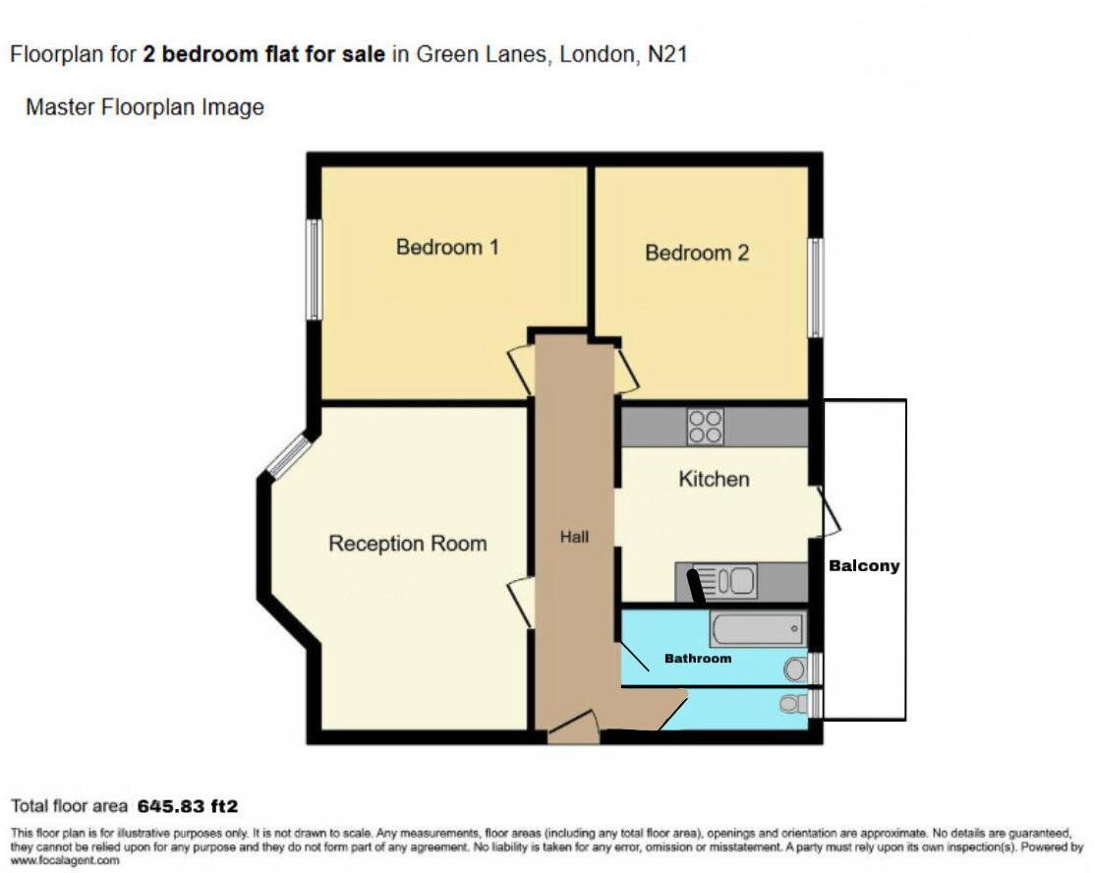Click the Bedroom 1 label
click(447, 247)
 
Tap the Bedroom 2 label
click(697, 253)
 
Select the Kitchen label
click(715, 479)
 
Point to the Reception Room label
click(407, 544)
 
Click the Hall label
click(575, 537)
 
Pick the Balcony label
click(864, 566)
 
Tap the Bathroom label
click(698, 658)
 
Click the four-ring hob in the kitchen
click(706, 427)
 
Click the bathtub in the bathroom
click(757, 629)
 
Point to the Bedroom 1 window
click(314, 269)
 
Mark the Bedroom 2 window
click(815, 288)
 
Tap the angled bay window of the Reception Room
click(288, 456)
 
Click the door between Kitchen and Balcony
click(830, 512)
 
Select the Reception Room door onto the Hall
click(522, 603)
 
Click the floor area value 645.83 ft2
click(188, 807)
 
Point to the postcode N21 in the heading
click(667, 55)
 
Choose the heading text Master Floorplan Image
click(144, 107)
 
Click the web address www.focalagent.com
click(65, 860)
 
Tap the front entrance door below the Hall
click(573, 728)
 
